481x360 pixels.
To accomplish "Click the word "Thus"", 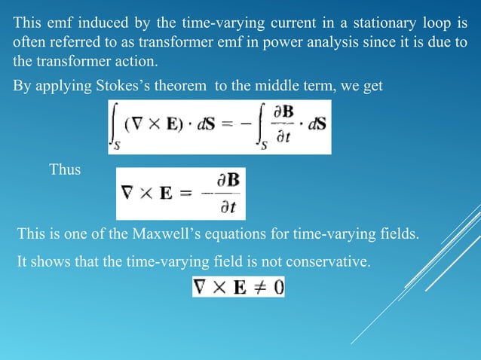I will pos(65,169).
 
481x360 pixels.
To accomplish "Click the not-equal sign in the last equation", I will pos(256,287).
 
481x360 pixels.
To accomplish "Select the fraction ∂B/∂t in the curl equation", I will pos(223,194).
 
